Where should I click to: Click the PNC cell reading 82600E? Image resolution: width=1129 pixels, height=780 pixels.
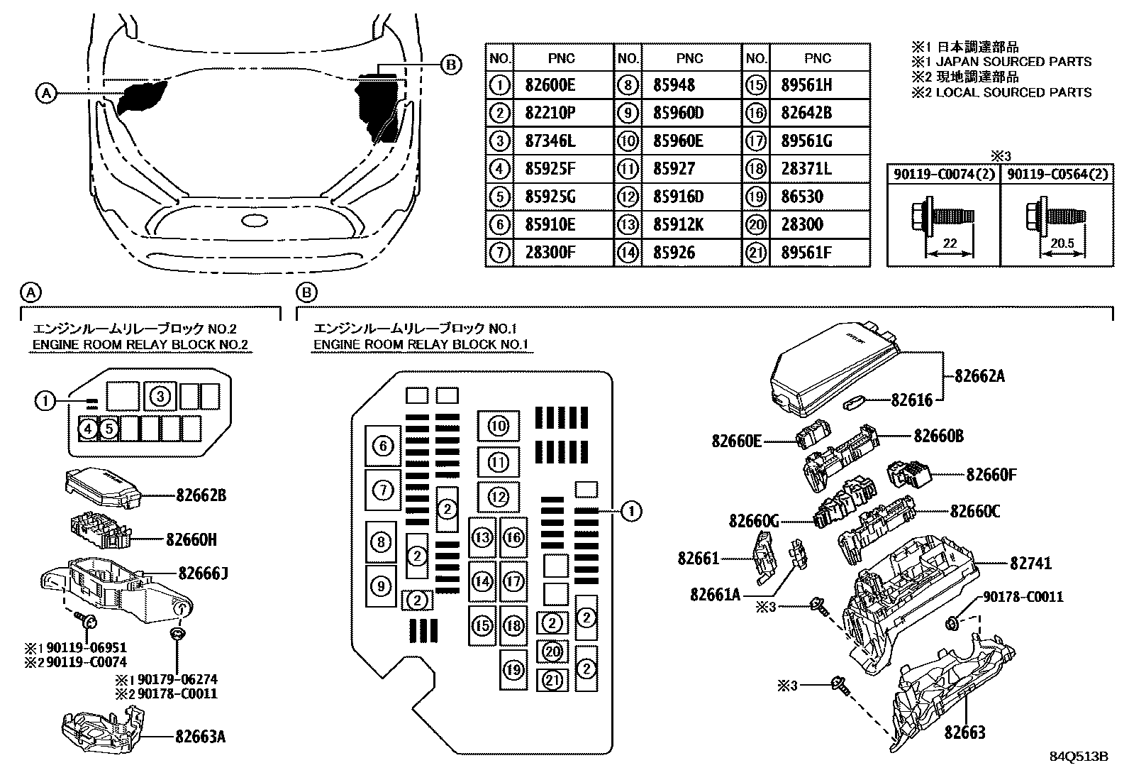[550, 84]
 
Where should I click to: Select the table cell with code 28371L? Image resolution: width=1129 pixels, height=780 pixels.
[806, 168]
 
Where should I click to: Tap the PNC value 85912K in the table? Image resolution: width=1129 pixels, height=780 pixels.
[678, 224]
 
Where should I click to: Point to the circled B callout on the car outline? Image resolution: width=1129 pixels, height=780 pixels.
[450, 65]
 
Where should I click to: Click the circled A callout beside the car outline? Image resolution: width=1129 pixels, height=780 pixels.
[46, 94]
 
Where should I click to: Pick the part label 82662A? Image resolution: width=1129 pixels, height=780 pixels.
[979, 376]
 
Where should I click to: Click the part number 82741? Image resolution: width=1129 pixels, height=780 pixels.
[1030, 563]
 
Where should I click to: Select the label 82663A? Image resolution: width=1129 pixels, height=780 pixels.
[200, 737]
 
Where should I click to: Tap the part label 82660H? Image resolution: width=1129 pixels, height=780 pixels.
[191, 540]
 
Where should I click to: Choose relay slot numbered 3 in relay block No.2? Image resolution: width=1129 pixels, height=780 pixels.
[160, 396]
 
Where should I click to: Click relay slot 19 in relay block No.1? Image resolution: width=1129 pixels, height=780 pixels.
[513, 670]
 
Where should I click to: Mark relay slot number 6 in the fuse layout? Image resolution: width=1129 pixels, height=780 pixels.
[383, 446]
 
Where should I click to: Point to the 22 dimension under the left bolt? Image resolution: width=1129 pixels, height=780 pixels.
[950, 243]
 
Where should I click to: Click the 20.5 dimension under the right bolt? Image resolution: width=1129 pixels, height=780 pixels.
[1062, 243]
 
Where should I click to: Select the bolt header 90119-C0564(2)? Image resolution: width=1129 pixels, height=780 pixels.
[1057, 174]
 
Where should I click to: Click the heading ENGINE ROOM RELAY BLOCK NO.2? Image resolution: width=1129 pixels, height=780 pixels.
[140, 345]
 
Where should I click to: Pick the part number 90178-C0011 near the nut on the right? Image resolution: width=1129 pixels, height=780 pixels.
[1023, 597]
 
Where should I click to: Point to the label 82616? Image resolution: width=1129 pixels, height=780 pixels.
[912, 400]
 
